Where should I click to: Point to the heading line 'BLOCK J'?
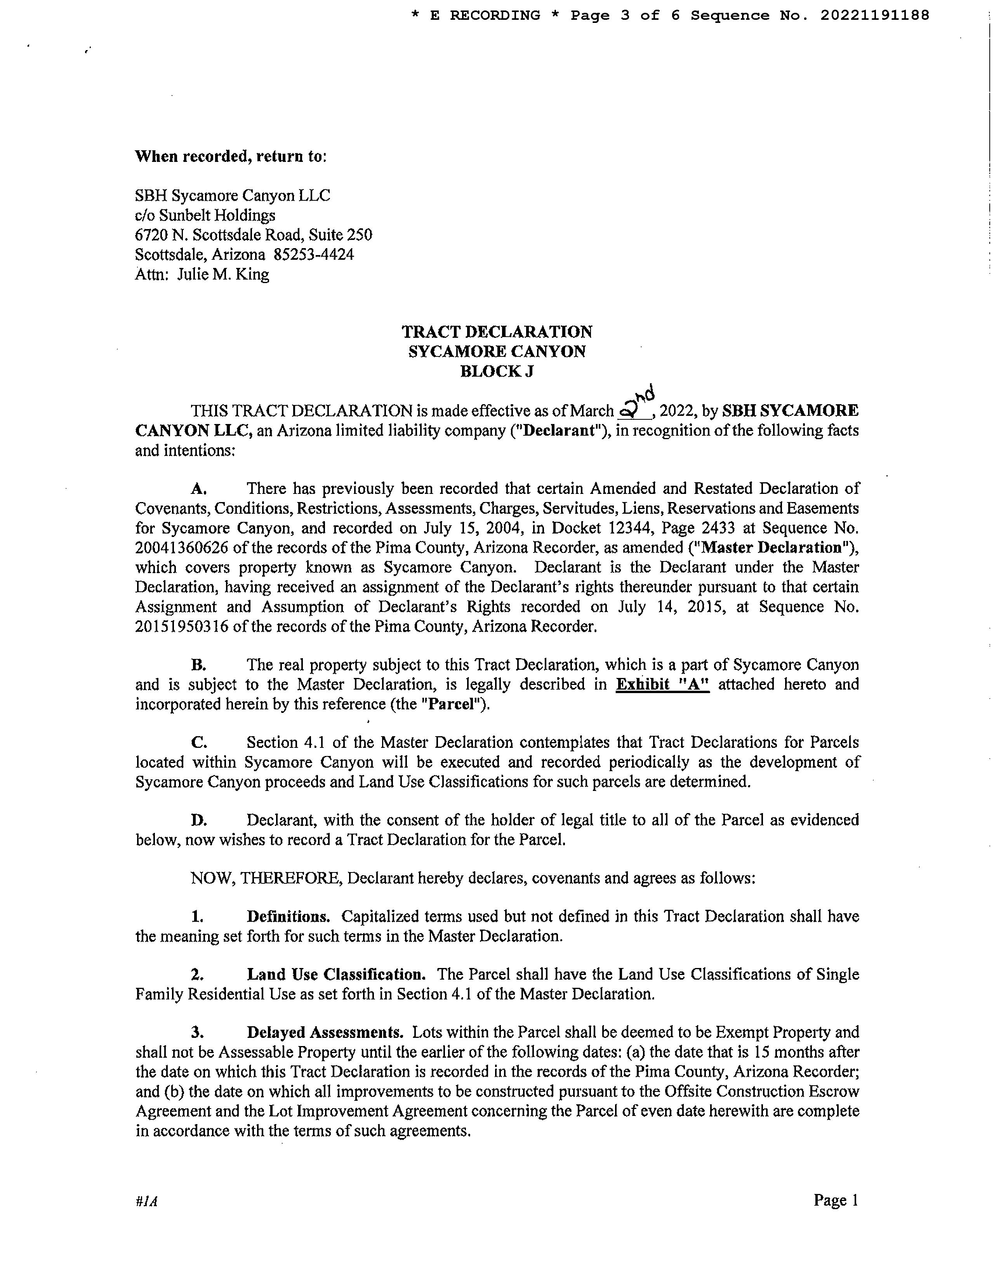tap(497, 372)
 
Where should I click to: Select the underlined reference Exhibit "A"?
tap(662, 684)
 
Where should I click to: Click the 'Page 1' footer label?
tap(836, 1201)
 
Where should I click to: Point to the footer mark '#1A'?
tap(146, 1202)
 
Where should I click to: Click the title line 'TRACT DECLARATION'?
tap(497, 332)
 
